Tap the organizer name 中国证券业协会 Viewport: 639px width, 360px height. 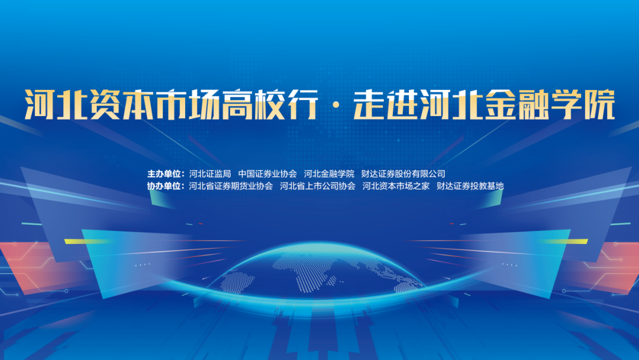point(267,174)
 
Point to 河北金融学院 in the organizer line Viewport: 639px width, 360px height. point(329,174)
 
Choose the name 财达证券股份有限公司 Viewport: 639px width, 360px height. point(403,174)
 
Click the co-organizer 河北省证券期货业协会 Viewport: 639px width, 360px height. point(231,186)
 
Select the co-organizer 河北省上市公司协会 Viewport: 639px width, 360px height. point(317,186)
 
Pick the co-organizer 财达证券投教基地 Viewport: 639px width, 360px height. point(470,186)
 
